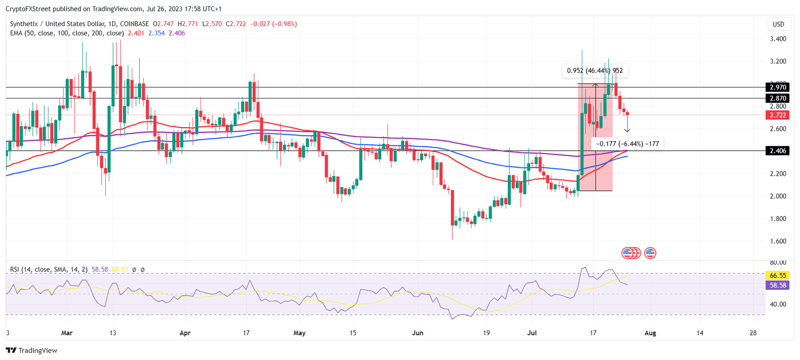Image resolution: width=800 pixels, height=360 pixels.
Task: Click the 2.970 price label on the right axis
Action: coord(778,87)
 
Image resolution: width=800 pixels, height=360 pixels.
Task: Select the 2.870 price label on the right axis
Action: coord(778,98)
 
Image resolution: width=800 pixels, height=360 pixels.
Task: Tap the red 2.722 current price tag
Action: coord(778,115)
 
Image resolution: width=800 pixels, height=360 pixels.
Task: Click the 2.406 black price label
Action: coord(778,151)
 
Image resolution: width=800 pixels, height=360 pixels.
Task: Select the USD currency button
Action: coord(778,24)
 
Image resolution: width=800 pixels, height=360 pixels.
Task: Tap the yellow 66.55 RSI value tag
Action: coord(778,275)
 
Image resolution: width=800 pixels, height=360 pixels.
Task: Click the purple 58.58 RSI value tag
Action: coord(778,285)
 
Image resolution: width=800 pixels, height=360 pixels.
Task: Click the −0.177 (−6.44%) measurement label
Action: coord(627,143)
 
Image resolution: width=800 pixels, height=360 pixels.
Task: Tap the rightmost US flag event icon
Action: coord(650,253)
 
